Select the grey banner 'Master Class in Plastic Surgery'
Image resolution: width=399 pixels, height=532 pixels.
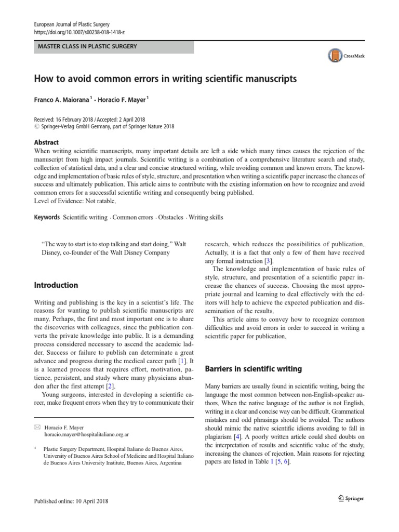coord(113,47)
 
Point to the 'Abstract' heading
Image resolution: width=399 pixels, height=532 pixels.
coord(46,142)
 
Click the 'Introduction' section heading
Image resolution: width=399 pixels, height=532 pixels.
coord(56,285)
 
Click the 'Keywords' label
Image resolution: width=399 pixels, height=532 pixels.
coord(47,217)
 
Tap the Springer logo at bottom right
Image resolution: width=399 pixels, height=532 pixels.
coord(348,498)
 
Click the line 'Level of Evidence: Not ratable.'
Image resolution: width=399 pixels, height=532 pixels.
coord(75,201)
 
